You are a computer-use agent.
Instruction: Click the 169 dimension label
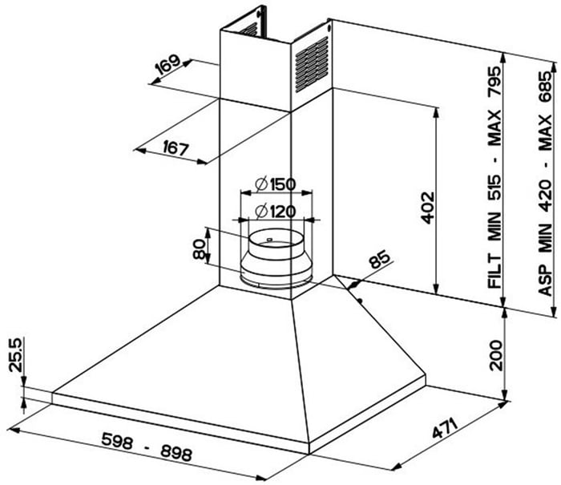168,64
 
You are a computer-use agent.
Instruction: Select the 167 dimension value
176,148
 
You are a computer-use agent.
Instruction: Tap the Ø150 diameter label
276,184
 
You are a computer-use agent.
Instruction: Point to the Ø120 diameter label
276,211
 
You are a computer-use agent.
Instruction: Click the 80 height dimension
199,249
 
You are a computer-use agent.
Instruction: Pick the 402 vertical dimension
427,208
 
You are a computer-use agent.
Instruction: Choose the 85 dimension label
379,261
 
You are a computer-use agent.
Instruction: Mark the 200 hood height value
496,355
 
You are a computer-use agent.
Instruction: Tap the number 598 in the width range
117,440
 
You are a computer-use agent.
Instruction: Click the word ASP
546,281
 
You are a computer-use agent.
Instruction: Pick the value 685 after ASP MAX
546,87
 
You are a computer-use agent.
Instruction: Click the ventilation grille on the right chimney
311,64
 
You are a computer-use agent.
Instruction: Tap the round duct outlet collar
276,258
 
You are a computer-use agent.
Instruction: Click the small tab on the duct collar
269,239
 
